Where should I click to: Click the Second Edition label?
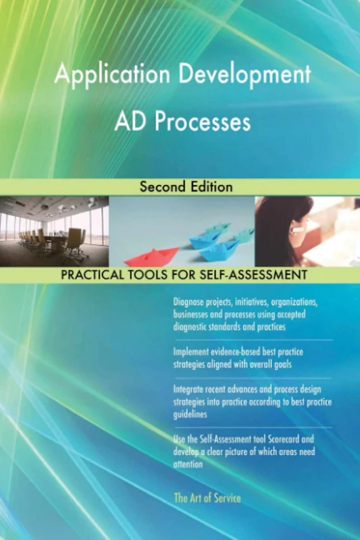pos(186,187)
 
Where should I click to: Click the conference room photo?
pos(54,230)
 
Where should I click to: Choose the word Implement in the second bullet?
pos(193,352)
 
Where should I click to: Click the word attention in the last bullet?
pos(188,464)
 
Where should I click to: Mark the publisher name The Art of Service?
pos(207,498)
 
